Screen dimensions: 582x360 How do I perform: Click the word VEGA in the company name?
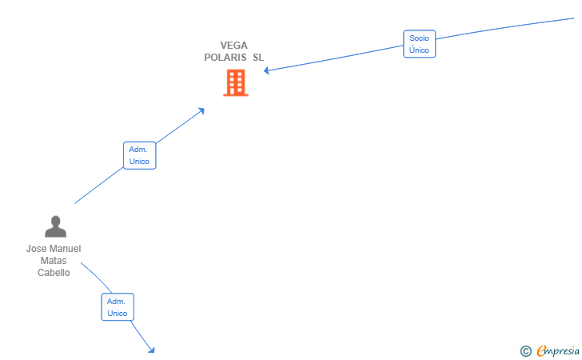click(x=233, y=46)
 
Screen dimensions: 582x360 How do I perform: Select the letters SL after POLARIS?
click(x=258, y=58)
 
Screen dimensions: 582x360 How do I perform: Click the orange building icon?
click(x=236, y=83)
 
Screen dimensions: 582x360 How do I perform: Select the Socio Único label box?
click(x=420, y=44)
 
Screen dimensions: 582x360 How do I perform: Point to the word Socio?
click(x=419, y=38)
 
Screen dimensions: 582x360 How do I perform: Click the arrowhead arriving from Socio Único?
click(x=266, y=70)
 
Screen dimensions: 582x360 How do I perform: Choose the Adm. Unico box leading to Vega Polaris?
click(x=140, y=155)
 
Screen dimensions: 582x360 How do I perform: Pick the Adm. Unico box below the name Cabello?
click(x=118, y=307)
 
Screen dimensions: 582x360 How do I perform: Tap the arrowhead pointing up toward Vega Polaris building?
click(x=201, y=110)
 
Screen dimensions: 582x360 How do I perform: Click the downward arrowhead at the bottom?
click(x=151, y=350)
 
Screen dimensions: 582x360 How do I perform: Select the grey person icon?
click(x=56, y=226)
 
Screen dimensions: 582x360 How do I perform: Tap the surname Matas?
click(x=54, y=261)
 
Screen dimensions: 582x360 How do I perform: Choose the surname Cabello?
click(x=54, y=272)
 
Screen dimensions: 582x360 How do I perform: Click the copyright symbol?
click(x=525, y=351)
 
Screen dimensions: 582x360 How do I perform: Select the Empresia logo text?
click(x=558, y=350)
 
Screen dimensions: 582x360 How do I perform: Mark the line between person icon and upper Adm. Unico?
click(x=99, y=186)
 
